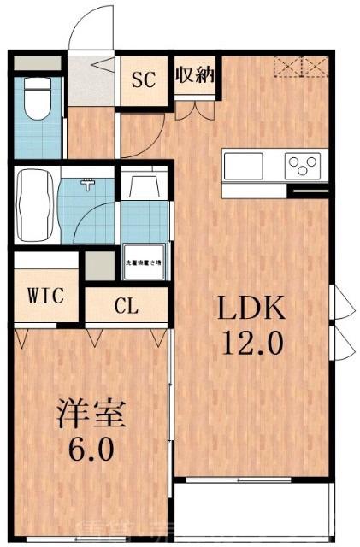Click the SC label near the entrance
tap(143, 80)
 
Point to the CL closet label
tap(127, 304)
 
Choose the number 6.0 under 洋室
tap(92, 450)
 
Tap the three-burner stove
tap(302, 162)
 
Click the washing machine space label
tap(145, 264)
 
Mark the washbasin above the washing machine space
tap(145, 186)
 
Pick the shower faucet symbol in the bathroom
tap(88, 184)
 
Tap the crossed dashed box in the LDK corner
tap(300, 67)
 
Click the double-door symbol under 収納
tap(195, 108)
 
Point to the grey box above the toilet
tap(38, 63)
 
